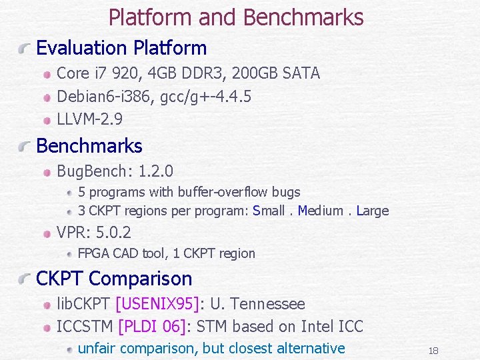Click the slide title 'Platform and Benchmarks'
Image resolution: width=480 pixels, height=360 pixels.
(236, 17)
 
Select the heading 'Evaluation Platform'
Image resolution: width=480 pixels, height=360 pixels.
(121, 48)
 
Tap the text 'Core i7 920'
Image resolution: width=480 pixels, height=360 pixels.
(95, 73)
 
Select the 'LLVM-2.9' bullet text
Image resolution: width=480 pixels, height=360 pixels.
(90, 121)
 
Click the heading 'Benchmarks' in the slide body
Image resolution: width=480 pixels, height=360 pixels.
(89, 146)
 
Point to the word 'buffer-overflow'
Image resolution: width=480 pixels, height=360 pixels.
(219, 193)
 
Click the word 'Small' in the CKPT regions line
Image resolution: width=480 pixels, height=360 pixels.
(269, 211)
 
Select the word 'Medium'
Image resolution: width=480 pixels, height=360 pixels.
(321, 211)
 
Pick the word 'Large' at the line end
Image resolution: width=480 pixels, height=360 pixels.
(373, 211)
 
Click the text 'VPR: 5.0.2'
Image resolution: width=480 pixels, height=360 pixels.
(94, 233)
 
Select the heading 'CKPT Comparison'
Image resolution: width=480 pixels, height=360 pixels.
(114, 279)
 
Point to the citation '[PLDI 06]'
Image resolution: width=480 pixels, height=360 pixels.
(153, 327)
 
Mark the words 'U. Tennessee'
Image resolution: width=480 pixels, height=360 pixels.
(257, 304)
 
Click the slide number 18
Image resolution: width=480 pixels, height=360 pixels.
(433, 351)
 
